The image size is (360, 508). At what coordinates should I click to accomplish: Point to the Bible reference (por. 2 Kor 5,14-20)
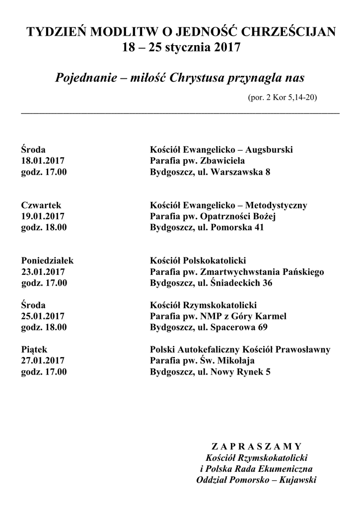[x=282, y=97]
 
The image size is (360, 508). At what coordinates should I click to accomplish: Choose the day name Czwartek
[x=41, y=205]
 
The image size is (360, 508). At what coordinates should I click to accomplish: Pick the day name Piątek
[x=34, y=350]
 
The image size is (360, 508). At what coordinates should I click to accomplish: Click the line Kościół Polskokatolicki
[x=198, y=260]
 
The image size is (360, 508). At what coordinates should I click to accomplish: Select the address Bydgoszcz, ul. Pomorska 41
[x=207, y=228]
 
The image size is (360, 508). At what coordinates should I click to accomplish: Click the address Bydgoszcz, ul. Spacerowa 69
[x=209, y=327]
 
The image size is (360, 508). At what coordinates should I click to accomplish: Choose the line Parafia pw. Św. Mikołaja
[x=206, y=361]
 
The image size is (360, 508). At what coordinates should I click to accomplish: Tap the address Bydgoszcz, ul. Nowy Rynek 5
[x=211, y=372]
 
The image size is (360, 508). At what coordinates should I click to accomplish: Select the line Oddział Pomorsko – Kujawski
[x=256, y=480]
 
